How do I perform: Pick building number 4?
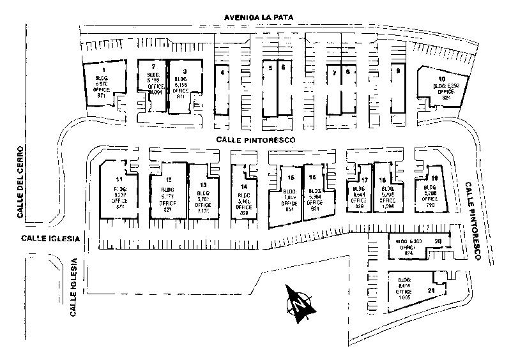point(222,89)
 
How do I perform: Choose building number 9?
point(398,89)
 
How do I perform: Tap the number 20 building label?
point(438,241)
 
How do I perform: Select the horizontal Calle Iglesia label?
point(49,239)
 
